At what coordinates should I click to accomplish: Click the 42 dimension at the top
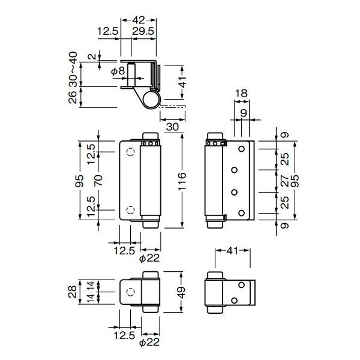click(x=139, y=20)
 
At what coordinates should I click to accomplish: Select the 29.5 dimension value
click(x=143, y=31)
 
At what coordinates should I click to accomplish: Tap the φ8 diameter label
click(x=118, y=71)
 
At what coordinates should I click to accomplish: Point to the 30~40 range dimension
click(x=73, y=69)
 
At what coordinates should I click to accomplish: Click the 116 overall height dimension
click(x=182, y=181)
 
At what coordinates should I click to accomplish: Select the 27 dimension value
click(x=284, y=181)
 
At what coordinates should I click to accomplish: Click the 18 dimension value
click(x=241, y=94)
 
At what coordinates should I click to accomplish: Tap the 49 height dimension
click(x=182, y=292)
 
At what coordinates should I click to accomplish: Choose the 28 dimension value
click(x=73, y=292)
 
